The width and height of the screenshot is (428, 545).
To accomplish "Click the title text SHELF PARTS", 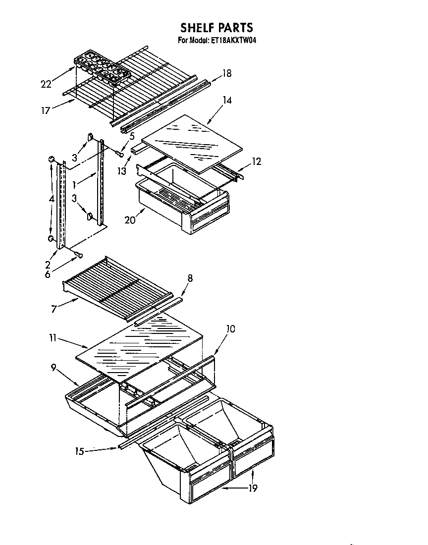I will click(216, 27).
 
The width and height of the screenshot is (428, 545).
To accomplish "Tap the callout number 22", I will click(46, 84).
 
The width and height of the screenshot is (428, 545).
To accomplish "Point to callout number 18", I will click(226, 74).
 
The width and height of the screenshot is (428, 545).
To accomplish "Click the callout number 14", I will click(227, 101).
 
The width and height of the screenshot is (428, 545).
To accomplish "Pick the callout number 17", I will click(46, 110).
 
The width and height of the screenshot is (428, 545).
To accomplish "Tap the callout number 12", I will click(256, 162).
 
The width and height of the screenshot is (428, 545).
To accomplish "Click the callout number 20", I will click(130, 220).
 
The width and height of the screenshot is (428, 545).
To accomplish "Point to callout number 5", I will click(132, 136).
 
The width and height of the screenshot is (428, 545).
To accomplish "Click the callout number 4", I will click(51, 198).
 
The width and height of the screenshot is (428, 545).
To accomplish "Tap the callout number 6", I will click(48, 274).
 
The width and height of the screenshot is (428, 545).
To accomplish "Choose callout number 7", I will click(53, 310).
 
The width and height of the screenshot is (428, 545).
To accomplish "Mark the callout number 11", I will click(53, 339).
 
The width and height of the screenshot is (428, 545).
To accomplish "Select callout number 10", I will click(230, 328).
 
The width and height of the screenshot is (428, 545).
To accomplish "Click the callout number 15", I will click(79, 451).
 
